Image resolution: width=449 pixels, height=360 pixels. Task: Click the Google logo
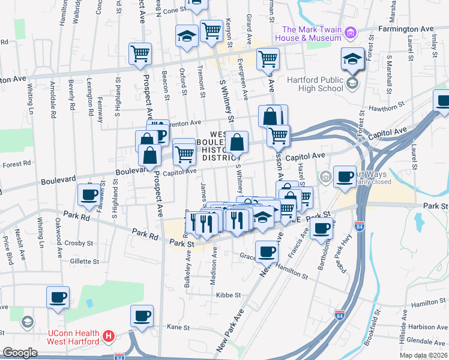[x=20, y=352]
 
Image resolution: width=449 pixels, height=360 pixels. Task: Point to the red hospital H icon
[x=109, y=337]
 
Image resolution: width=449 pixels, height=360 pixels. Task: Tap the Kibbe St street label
[x=229, y=295]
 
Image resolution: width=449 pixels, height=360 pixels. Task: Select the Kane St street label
[x=178, y=328]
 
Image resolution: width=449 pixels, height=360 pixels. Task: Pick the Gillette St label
[x=83, y=262]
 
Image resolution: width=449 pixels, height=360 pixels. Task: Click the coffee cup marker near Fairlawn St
[x=89, y=194]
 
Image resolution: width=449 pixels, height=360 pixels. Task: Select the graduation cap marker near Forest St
[x=352, y=59]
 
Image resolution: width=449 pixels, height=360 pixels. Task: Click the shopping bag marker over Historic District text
[x=237, y=143]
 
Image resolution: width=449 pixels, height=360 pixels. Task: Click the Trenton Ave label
[x=186, y=122]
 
